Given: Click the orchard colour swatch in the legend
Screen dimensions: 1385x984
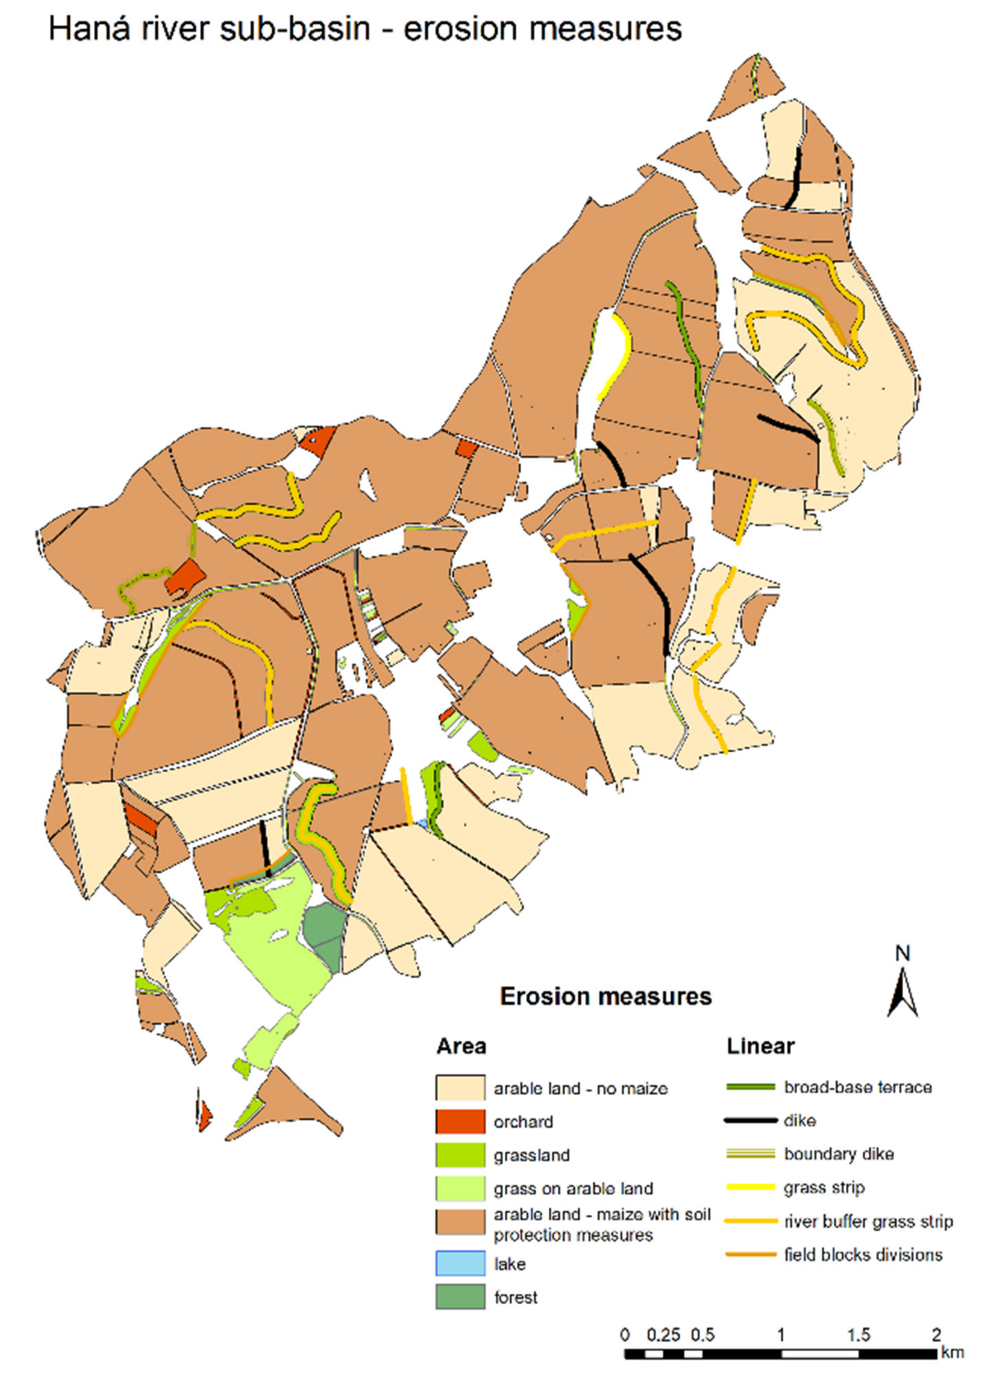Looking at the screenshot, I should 460,1121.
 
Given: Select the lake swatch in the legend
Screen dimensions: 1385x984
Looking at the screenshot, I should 460,1263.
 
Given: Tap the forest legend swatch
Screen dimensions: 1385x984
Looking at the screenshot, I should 460,1297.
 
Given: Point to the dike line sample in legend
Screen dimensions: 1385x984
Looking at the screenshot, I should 750,1121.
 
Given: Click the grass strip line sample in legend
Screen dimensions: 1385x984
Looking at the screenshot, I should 750,1188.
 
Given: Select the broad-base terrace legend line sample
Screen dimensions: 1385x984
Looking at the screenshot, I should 750,1087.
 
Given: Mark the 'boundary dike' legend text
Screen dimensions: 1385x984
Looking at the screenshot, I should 838,1154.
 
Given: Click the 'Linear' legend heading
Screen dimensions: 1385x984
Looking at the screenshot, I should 760,1046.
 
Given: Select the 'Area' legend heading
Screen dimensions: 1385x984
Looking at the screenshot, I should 461,1047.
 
